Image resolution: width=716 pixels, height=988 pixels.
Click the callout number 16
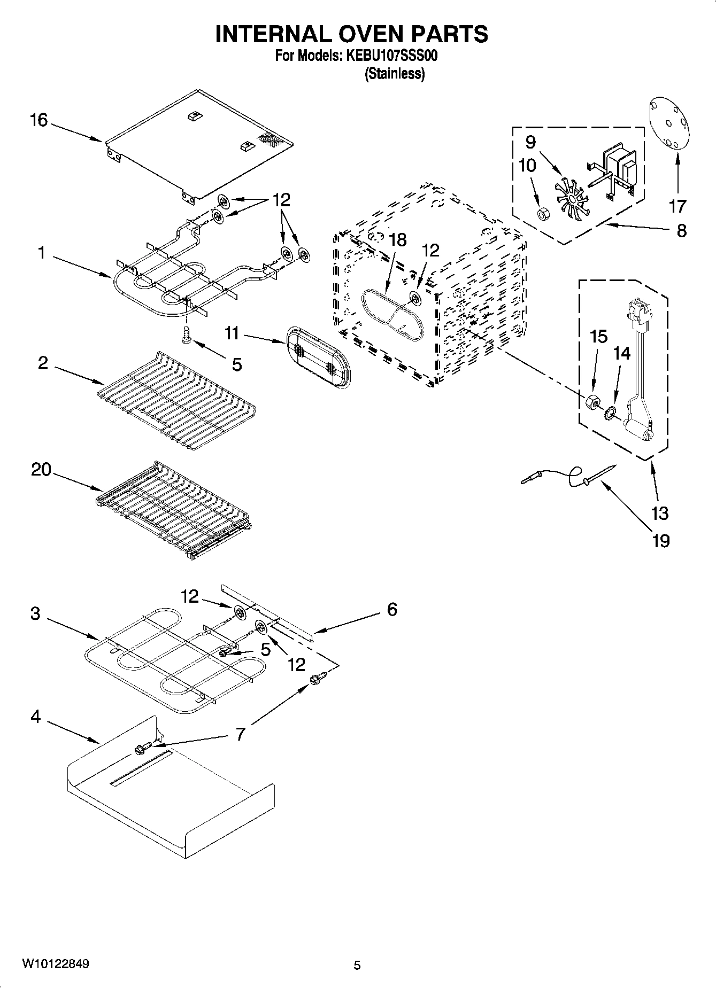coord(39,120)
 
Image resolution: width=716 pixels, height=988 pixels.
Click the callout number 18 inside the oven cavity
coord(398,240)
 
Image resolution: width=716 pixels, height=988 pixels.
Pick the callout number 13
coord(660,513)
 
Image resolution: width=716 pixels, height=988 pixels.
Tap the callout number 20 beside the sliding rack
coord(41,470)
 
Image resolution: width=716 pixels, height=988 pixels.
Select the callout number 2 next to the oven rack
coord(43,363)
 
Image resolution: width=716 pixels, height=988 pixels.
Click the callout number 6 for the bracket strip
coord(392,609)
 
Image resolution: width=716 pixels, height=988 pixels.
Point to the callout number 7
coord(240,734)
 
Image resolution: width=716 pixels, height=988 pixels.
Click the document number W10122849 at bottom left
coord(56,964)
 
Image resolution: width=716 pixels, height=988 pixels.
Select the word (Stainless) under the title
coord(395,74)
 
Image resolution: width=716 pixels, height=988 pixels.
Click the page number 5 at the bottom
coord(357,965)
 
